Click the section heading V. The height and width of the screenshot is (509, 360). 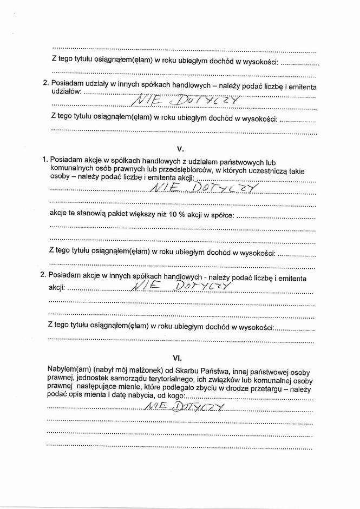point(181,148)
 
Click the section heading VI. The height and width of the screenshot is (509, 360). point(177,358)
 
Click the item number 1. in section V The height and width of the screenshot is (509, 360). point(44,160)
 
